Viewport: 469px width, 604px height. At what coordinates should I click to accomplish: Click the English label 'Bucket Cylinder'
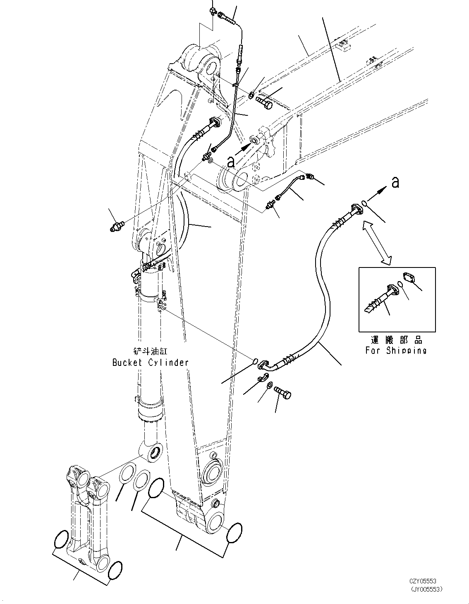point(151,363)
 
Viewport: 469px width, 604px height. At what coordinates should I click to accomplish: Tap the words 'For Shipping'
point(396,351)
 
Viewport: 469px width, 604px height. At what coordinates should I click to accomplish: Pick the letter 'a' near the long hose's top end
point(395,183)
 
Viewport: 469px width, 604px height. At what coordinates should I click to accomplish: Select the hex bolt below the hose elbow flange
point(282,392)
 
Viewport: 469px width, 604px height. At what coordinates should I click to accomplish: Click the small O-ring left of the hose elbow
point(255,361)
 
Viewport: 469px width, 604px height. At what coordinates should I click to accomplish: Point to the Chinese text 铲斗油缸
point(151,351)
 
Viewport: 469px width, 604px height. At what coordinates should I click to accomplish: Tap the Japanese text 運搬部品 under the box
point(397,340)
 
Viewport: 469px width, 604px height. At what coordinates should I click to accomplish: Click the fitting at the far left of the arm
point(117,226)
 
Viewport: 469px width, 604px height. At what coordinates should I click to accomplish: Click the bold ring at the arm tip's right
point(234,532)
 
